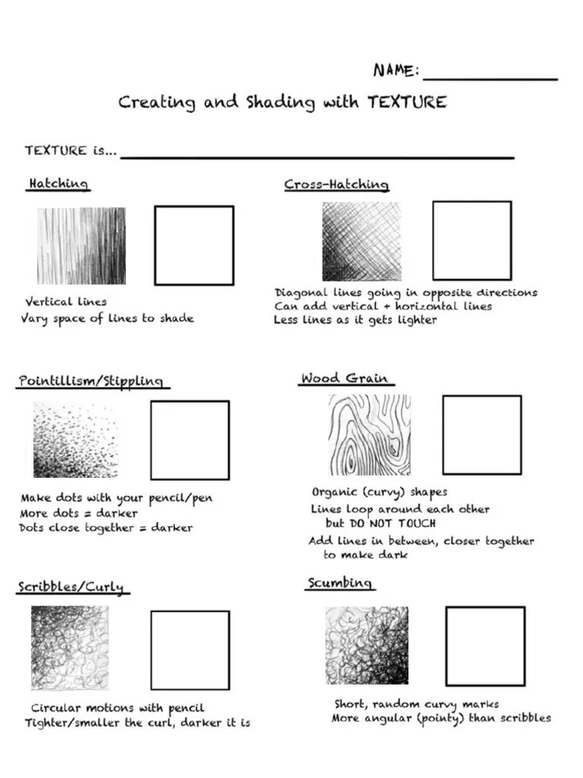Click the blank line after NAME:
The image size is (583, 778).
point(490,77)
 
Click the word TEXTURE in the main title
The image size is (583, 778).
point(407,102)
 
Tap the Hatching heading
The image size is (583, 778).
point(58,184)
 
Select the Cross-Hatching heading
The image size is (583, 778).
point(336,185)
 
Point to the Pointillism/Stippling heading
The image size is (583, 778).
point(90,381)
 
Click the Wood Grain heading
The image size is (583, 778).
point(344,378)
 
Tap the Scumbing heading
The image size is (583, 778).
point(339,583)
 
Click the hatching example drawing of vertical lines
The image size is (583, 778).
point(81,246)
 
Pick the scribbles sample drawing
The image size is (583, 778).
point(70,647)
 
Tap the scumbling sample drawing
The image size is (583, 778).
point(367,645)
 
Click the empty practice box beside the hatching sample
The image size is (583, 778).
point(194,245)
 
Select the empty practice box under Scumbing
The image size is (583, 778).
point(485,646)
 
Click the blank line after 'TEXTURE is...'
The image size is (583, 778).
point(317,157)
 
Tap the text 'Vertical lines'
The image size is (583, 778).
point(66,302)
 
